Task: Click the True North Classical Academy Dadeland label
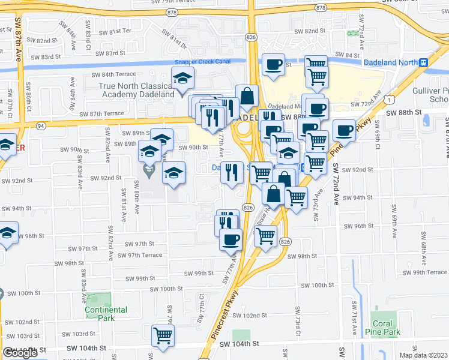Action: (x=136, y=90)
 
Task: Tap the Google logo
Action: (x=20, y=353)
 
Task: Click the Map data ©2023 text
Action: (x=423, y=355)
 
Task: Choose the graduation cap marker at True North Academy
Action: (x=182, y=78)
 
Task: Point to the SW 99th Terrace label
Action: (x=424, y=272)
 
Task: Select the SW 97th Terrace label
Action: (x=140, y=255)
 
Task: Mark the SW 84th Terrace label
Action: (x=114, y=74)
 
